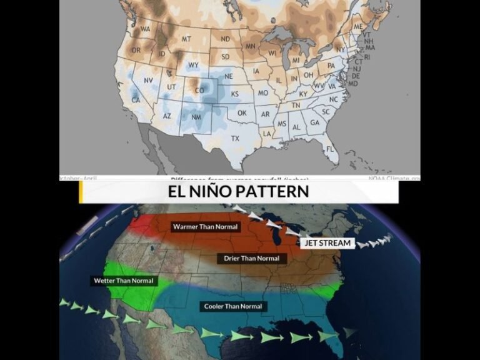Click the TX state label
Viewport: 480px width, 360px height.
(x=235, y=138)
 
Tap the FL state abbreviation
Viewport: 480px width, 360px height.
(x=329, y=149)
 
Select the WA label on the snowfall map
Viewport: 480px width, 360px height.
(x=146, y=29)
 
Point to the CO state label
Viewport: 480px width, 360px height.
(x=200, y=90)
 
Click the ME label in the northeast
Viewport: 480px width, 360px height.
(x=358, y=27)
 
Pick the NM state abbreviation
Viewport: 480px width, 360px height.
(x=196, y=117)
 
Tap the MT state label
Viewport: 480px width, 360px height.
(x=186, y=39)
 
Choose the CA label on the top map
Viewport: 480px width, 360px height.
(x=136, y=100)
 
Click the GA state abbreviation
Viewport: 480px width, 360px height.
(x=314, y=122)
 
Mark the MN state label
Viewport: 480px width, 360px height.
(x=251, y=46)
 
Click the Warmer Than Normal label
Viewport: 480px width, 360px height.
(x=205, y=226)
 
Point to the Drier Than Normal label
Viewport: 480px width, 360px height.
(x=251, y=258)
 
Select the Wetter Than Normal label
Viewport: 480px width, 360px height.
(x=123, y=281)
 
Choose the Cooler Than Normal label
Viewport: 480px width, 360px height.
(x=232, y=306)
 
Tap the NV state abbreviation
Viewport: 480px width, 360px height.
(x=148, y=81)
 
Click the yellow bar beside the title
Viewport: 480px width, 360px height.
(x=81, y=192)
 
